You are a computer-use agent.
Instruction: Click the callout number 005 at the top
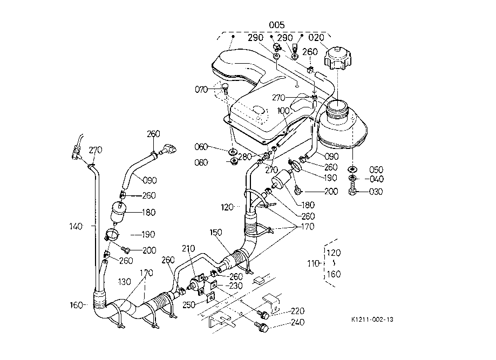click(x=277, y=25)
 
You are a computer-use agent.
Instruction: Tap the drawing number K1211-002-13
click(x=372, y=320)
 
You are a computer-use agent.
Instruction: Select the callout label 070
click(x=201, y=90)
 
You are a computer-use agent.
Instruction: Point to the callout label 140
click(x=76, y=226)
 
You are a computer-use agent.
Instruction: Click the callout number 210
click(x=188, y=248)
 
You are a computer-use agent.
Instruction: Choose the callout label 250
click(x=189, y=305)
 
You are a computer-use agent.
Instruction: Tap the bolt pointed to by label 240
click(x=263, y=328)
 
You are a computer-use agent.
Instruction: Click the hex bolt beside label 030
click(x=352, y=192)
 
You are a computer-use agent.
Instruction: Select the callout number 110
click(x=314, y=263)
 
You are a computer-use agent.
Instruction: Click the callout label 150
click(x=216, y=233)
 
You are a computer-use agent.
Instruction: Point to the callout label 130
click(x=124, y=282)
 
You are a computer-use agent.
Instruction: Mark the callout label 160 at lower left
click(x=76, y=305)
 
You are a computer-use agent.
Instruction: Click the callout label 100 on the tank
click(x=283, y=111)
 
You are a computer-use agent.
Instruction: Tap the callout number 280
click(x=245, y=157)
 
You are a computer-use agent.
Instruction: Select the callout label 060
click(x=201, y=147)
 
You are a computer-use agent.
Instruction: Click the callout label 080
click(x=201, y=162)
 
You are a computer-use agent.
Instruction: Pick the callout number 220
click(x=297, y=311)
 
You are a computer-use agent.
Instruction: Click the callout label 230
click(x=236, y=286)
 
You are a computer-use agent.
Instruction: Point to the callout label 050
click(x=376, y=169)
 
